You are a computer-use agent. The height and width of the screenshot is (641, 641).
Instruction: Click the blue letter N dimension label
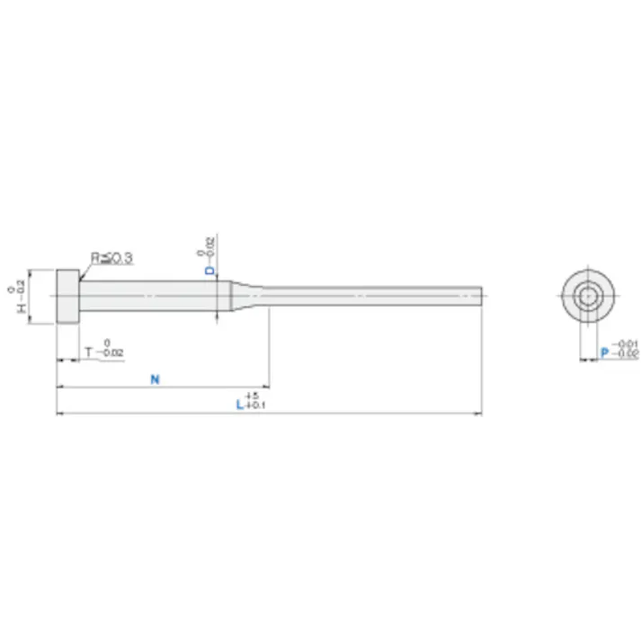coord(155,379)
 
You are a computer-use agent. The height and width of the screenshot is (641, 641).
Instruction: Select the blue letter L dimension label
coord(239,405)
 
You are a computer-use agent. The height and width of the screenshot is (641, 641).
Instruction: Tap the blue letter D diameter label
coord(209,270)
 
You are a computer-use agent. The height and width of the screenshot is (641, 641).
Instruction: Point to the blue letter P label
coord(603,353)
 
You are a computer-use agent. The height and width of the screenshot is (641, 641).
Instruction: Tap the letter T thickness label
coord(88,352)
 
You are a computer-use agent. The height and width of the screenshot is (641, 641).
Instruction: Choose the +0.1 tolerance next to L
coord(254,406)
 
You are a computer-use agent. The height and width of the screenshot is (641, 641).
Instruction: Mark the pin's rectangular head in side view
coord(68,297)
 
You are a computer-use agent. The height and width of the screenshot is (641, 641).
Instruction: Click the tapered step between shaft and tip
coord(243,294)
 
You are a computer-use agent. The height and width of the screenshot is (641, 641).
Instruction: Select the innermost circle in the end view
coord(588,296)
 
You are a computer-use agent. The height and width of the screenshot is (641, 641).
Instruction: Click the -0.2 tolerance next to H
coord(22,289)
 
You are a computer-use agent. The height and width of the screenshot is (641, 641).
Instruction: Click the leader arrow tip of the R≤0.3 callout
coord(81,280)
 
